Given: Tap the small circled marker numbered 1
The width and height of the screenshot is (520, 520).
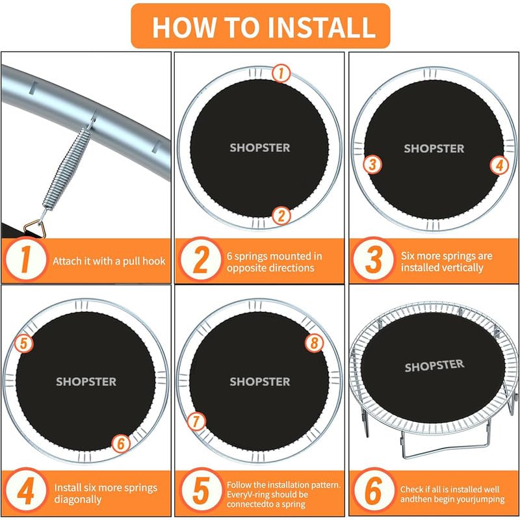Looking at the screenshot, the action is coord(281,73).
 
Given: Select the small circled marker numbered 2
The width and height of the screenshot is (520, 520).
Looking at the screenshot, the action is coord(281,216).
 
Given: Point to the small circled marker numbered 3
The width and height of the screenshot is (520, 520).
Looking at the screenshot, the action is coord(372,164).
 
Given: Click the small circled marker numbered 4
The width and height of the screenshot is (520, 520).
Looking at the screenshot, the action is coord(500,165).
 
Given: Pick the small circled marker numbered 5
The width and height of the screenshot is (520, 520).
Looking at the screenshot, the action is coord(24,343).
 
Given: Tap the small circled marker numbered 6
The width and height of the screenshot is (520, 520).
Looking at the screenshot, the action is coord(121,443).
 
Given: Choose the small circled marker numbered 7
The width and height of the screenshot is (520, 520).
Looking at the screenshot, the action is coord(196,421).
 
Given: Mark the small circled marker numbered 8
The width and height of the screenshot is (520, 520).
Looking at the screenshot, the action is coord(314,343).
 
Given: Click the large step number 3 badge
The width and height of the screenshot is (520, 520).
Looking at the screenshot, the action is coord(374,259).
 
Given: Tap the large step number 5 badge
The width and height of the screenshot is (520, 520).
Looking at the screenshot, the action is coord(201,491).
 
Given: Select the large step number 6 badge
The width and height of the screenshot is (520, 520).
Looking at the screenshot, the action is coord(374,491).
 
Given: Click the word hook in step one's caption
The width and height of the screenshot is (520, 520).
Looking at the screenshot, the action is coord(153,261).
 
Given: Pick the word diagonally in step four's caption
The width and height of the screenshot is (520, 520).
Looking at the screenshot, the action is coord(77,499).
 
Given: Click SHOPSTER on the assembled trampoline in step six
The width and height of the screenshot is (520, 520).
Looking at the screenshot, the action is coord(434,365).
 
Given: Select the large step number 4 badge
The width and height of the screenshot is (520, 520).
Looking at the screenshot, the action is coord(26,491).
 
